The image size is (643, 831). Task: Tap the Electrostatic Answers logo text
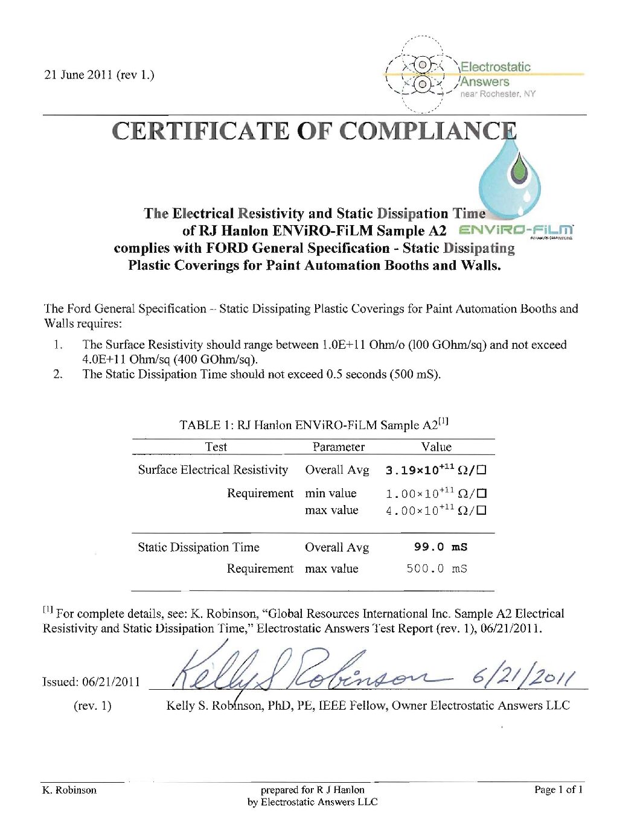[495, 74]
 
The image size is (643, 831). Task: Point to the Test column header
[216, 447]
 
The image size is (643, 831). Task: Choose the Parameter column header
[338, 447]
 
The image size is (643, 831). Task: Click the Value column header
[436, 447]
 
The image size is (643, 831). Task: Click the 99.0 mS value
[440, 547]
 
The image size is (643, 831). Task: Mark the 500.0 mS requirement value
[437, 568]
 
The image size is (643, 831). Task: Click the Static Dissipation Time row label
[198, 547]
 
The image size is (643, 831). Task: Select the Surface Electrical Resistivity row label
[213, 470]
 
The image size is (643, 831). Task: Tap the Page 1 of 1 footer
[558, 789]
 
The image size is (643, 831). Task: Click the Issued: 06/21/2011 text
[91, 681]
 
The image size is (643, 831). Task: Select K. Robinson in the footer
[69, 790]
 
